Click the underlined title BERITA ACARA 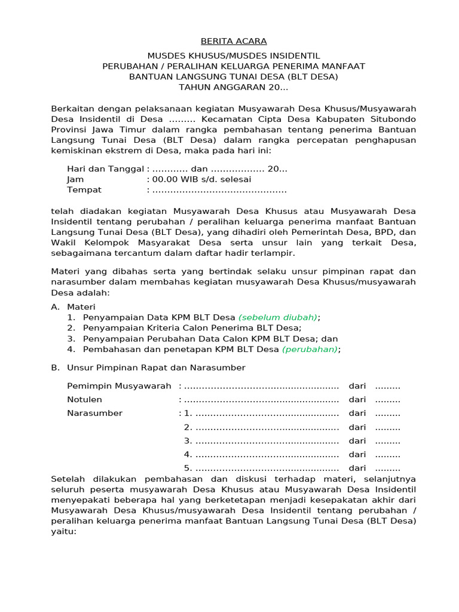[234, 41]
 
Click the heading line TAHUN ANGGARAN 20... [234, 87]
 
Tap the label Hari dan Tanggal [105, 169]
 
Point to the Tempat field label [84, 190]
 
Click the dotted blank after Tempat [219, 190]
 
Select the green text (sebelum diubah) [279, 317]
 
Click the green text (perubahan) [310, 349]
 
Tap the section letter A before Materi [55, 306]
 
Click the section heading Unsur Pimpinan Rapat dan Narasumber [156, 368]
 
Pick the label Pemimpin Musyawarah [119, 386]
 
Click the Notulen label [84, 400]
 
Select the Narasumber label [94, 413]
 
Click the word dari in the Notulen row [357, 400]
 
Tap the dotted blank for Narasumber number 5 [267, 468]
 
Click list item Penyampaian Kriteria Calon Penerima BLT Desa [192, 328]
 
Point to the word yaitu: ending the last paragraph [64, 531]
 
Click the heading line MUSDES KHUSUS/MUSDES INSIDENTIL [234, 55]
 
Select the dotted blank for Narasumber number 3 [267, 440]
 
